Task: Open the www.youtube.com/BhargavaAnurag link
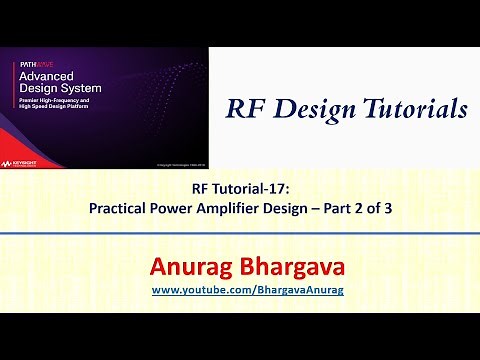pos(240,290)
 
